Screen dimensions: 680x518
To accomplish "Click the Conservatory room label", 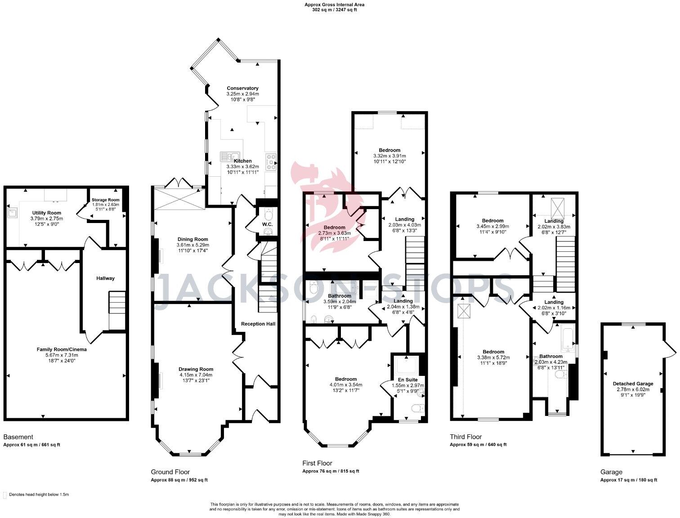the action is pos(242,88).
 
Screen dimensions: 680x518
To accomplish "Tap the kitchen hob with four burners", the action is pos(271,161).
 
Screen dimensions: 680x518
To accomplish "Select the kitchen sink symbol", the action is pos(230,156).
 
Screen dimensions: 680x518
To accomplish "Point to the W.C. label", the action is pos(267,224).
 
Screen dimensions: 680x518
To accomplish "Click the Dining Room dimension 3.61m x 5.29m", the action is pos(192,245).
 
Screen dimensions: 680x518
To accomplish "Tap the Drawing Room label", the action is pos(196,369).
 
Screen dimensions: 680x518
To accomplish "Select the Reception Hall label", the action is pos(258,324).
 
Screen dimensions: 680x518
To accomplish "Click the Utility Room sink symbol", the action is pos(13,212).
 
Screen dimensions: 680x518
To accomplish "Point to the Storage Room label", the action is pos(105,200).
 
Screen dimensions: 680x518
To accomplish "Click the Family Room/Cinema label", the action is pos(62,349).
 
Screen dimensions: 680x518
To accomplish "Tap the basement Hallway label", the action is pos(105,278).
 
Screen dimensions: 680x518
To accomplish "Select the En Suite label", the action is pos(408,380).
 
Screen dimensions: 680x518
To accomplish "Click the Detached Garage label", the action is pos(633,384).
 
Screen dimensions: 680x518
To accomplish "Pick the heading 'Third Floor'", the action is pos(465,437).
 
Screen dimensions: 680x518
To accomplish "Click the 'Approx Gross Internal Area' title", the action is pos(334,4).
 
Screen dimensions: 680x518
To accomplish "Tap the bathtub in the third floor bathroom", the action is pos(568,339).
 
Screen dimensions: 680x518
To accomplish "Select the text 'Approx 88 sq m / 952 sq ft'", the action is pos(179,480).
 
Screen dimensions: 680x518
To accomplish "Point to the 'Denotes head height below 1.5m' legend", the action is pos(39,495).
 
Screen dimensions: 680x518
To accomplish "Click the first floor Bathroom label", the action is pos(340,296).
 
